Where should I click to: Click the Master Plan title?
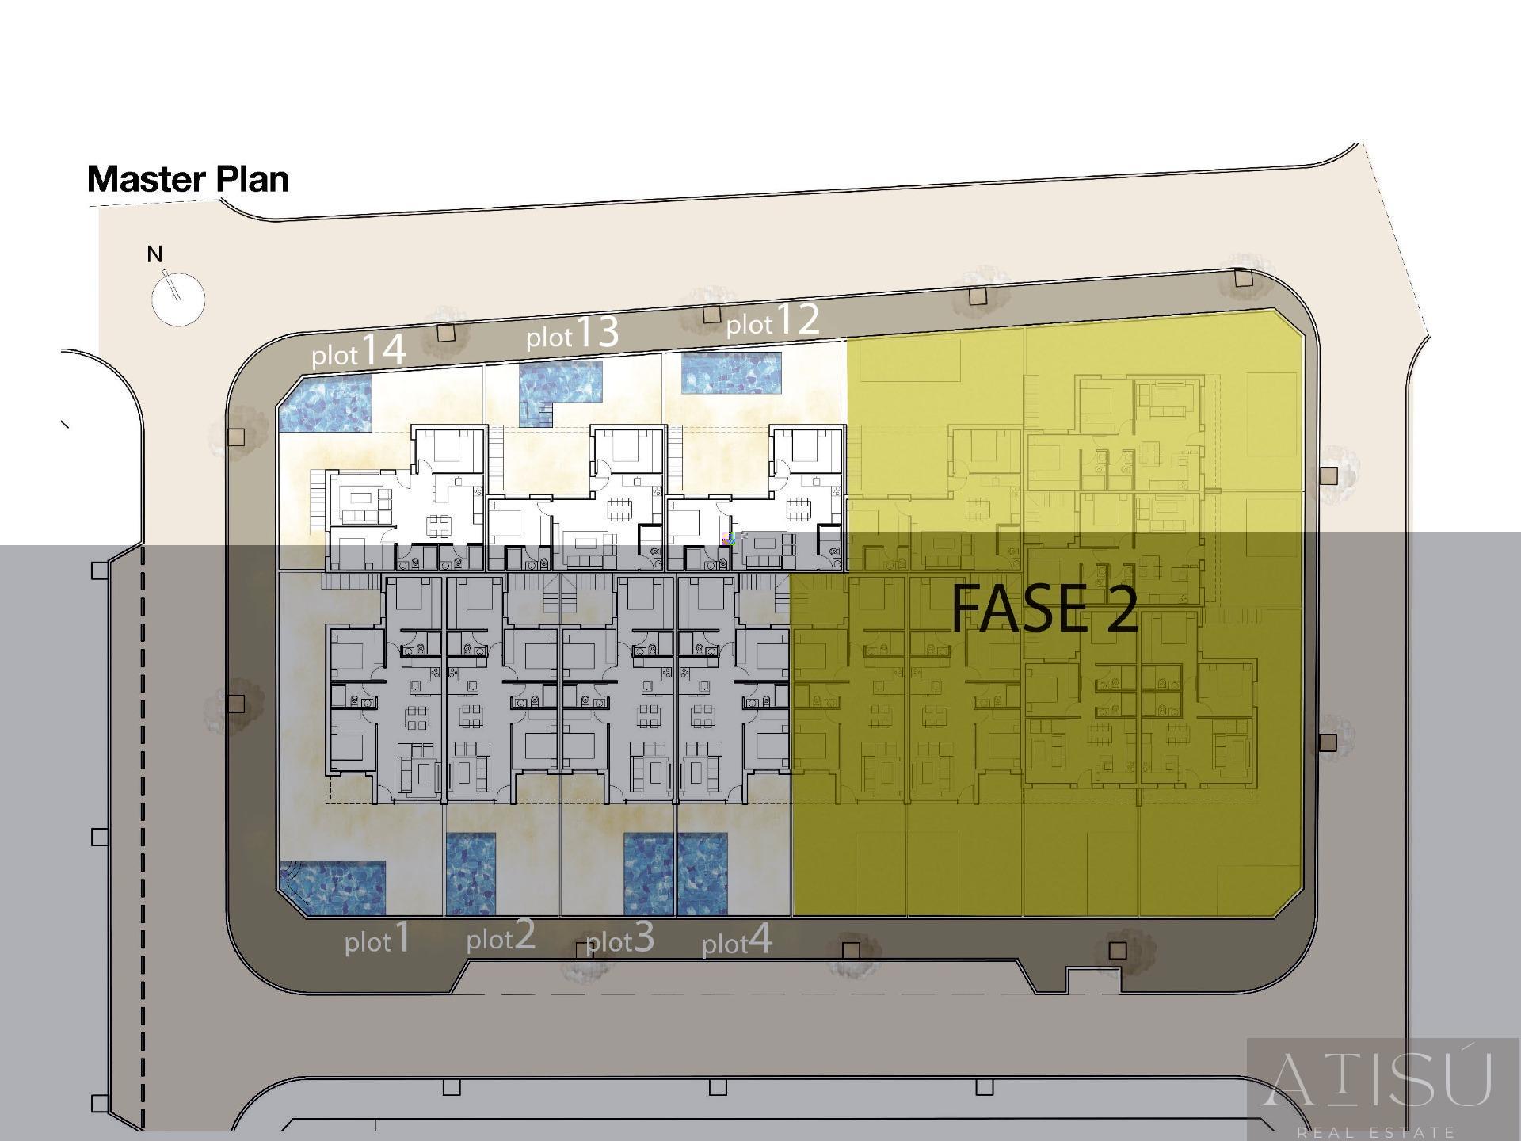[x=188, y=179]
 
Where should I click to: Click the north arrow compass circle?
[x=178, y=299]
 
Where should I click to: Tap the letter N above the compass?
[x=154, y=254]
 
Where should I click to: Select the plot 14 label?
[x=359, y=350]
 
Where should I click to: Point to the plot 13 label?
[x=572, y=333]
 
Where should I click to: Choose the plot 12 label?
[x=772, y=320]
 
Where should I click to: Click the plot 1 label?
[x=377, y=938]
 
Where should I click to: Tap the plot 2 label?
[x=501, y=936]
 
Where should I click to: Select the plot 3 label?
[x=619, y=938]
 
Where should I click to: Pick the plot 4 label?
[x=737, y=941]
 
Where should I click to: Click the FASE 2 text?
[x=1044, y=609]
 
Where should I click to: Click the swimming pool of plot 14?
[x=326, y=403]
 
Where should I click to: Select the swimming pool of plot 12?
[x=731, y=373]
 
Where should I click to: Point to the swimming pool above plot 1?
[x=334, y=887]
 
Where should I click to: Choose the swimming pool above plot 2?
[x=471, y=874]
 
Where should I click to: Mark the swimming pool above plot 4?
[x=703, y=874]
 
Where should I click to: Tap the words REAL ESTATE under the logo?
[x=1376, y=1132]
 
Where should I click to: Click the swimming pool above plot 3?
[x=649, y=874]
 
